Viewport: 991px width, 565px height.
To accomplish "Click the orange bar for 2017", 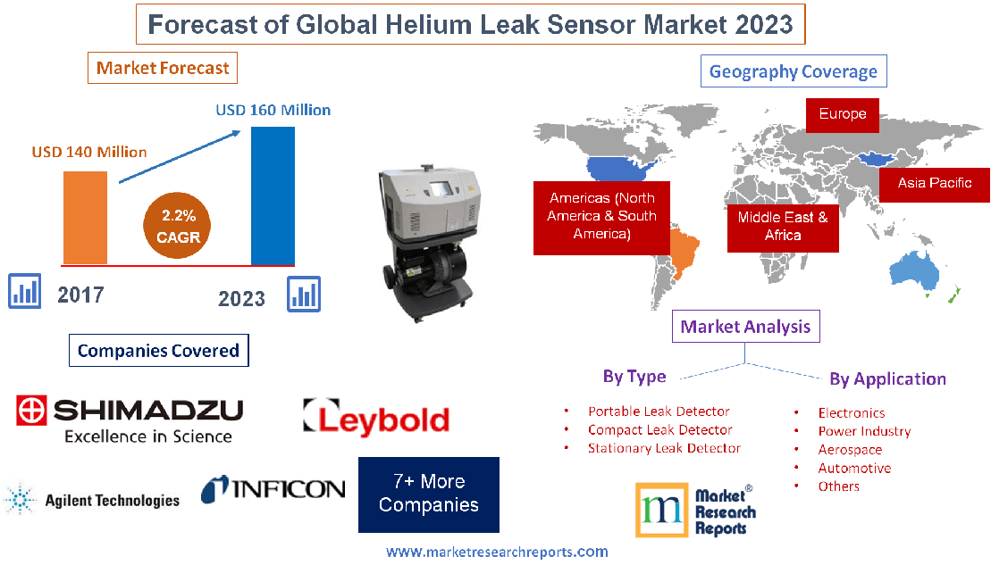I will pos(85,218).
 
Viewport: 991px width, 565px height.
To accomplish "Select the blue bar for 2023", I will pos(273,196).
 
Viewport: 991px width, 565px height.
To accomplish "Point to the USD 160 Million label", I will pos(273,111).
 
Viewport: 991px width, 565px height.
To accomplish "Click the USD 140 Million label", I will pos(89,152).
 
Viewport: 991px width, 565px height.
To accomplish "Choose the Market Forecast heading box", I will pos(163,68).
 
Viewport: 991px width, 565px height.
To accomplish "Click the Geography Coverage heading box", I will pos(794,71).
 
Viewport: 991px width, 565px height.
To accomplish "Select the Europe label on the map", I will pos(842,114).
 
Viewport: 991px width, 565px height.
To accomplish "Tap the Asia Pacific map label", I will pos(934,184).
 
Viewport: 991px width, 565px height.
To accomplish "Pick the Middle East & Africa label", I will pos(783,226).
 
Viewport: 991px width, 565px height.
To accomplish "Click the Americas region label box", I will pos(601,217).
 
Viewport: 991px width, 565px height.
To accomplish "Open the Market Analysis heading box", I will pos(745,327).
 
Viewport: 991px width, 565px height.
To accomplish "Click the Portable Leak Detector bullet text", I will pos(659,411).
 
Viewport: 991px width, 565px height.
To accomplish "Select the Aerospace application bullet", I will pos(850,450).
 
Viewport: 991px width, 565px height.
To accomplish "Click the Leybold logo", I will pos(375,418).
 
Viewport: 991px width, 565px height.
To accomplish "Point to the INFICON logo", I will pos(273,488).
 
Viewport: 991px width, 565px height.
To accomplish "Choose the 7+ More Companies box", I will pos(429,494).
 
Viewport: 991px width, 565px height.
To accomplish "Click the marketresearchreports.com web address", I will pos(497,552).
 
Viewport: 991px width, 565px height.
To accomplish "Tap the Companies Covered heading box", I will pos(158,351).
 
